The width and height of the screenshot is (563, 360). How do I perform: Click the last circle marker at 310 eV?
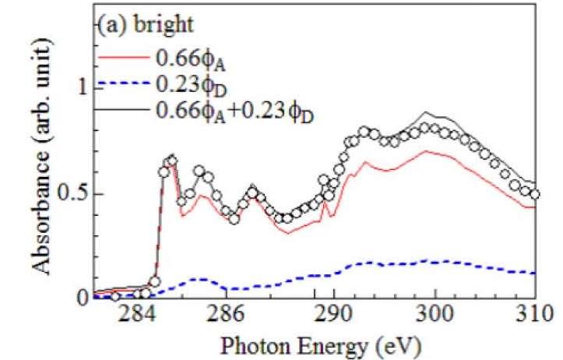(x=534, y=194)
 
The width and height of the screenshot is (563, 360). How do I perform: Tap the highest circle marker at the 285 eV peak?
(x=172, y=161)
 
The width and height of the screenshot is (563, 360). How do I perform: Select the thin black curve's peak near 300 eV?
(x=427, y=113)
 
